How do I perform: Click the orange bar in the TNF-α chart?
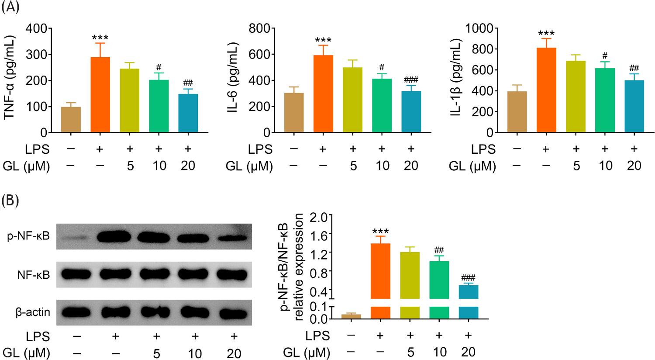coord(100,94)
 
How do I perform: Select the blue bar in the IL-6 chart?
coord(411,112)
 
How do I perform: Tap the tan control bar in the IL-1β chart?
coord(517,112)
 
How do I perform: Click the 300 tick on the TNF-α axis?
coord(36,55)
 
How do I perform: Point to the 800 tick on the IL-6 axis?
coord(259,28)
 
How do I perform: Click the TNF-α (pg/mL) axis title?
coord(10,77)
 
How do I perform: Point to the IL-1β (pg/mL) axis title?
coord(456,77)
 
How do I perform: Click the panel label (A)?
coord(10,7)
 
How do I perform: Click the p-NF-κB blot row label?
coord(28,236)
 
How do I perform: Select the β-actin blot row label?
coord(33,312)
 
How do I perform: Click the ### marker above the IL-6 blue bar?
coord(411,80)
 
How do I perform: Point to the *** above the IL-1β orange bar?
coord(546,33)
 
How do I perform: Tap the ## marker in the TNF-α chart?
coord(188,83)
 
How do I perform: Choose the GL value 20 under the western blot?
coord(234,354)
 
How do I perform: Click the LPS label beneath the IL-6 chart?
coord(260,149)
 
